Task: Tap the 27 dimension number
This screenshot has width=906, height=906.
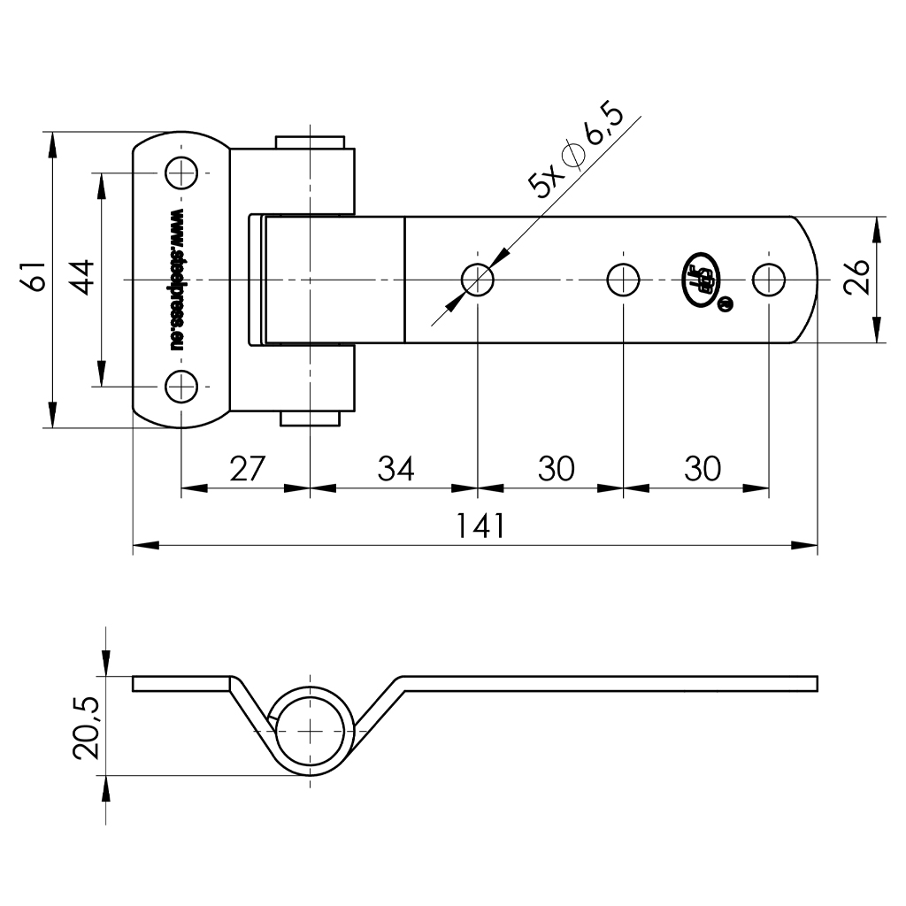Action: [x=247, y=468]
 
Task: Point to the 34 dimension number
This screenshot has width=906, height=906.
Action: [x=395, y=468]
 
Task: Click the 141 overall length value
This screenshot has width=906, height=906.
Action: [x=480, y=526]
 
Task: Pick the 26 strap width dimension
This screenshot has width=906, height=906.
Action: [x=857, y=280]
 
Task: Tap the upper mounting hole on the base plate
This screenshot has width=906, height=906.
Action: [x=181, y=172]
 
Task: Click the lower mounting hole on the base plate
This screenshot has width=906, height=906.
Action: [x=181, y=387]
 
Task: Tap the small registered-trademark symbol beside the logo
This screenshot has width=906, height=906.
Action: [x=726, y=304]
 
